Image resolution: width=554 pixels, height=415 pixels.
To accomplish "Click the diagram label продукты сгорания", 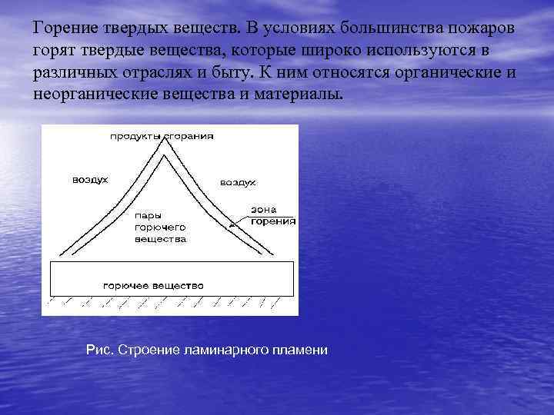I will pyautogui.click(x=162, y=136).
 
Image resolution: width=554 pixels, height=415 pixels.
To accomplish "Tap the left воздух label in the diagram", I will pyautogui.click(x=90, y=179).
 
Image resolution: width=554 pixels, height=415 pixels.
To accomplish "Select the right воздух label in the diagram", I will pyautogui.click(x=238, y=183).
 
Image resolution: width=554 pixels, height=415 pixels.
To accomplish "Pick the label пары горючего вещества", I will pyautogui.click(x=160, y=227).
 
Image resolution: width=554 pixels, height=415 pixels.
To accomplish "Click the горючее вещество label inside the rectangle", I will pyautogui.click(x=153, y=285).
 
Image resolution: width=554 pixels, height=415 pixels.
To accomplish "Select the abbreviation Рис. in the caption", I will pyautogui.click(x=98, y=350).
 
